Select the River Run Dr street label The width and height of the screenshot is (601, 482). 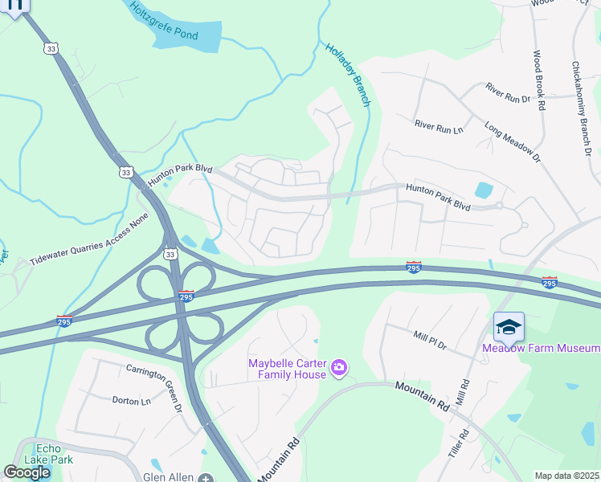tap(508, 92)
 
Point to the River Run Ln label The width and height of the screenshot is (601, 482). tap(440, 126)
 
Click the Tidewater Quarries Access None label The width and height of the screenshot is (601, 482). tap(90, 239)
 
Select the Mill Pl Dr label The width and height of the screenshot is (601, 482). tap(430, 339)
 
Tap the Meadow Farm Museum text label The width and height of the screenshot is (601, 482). tap(541, 348)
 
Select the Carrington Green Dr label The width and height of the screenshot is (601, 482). tap(154, 389)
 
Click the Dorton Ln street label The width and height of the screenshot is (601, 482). tap(131, 400)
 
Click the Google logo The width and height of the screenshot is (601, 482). tap(27, 472)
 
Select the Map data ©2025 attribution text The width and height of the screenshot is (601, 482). tap(566, 476)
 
